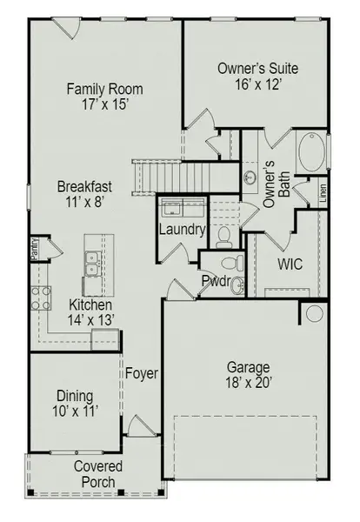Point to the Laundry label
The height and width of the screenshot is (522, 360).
pyautogui.click(x=182, y=231)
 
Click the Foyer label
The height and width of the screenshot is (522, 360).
pyautogui.click(x=142, y=374)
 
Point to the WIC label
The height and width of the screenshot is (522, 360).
pyautogui.click(x=290, y=264)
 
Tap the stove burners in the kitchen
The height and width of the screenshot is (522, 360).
pyautogui.click(x=41, y=298)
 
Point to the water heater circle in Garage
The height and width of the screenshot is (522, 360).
pyautogui.click(x=315, y=314)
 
